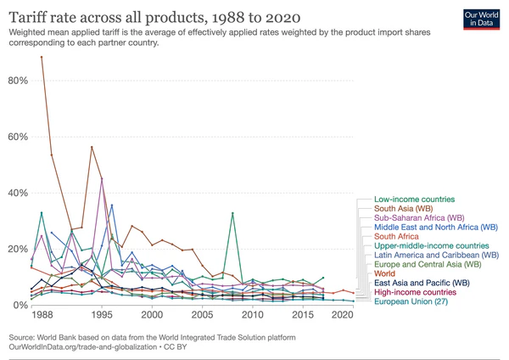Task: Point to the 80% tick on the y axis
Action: [18, 81]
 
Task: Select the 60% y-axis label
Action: [18, 137]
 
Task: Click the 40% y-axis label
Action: [18, 193]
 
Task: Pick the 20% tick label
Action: [18, 249]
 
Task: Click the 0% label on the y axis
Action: [20, 305]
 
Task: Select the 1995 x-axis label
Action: [101, 315]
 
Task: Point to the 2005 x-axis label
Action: [201, 315]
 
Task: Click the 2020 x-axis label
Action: [341, 315]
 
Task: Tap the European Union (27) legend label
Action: [413, 301]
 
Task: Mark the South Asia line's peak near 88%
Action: [42, 57]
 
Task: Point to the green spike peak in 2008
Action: [232, 213]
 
